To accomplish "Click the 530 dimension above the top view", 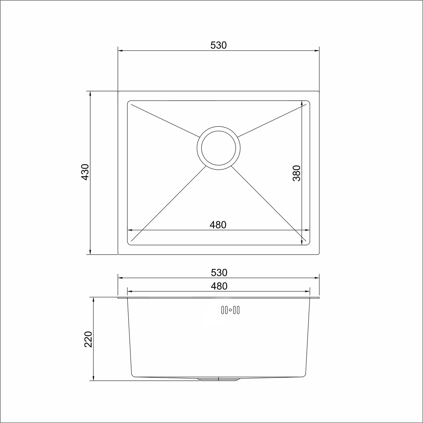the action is [x=219, y=45].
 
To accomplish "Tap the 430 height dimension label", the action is [x=85, y=172].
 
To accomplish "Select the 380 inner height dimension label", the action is [x=297, y=173].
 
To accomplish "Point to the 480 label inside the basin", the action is [x=218, y=225].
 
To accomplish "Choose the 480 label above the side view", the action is [x=219, y=286].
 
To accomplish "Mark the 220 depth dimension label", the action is [x=88, y=339].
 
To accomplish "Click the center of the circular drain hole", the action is [x=219, y=148].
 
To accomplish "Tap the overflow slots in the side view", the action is [x=230, y=310].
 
